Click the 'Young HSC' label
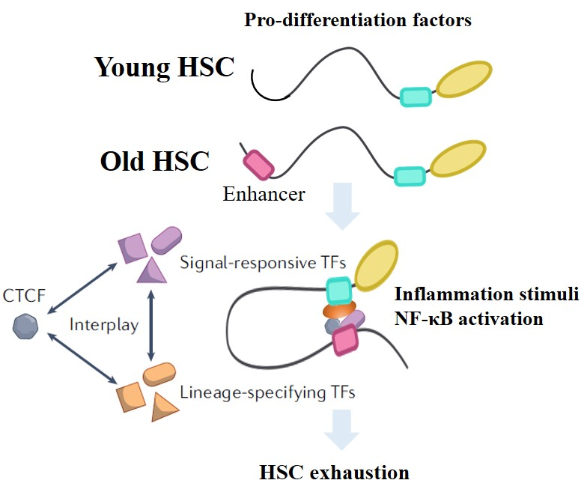pos(164,67)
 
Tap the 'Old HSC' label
pos(154,161)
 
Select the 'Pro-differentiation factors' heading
pos(358,19)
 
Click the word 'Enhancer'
pos(264,194)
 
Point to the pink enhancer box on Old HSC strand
pos(258,165)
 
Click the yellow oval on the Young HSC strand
pos(464,79)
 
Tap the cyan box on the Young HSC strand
pos(416,97)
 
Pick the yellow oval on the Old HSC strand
pos(458,159)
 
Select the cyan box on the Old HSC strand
pos(410,176)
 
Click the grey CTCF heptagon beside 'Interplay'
pos(25,327)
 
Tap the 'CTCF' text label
pos(24,296)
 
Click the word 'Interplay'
pos(104,325)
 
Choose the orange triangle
pos(165,407)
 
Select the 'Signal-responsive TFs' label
pos(263,262)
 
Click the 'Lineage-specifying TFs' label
pos(267,392)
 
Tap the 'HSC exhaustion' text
pos(334,473)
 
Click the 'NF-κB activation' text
pos(469,319)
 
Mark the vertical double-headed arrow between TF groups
pos(151,325)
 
